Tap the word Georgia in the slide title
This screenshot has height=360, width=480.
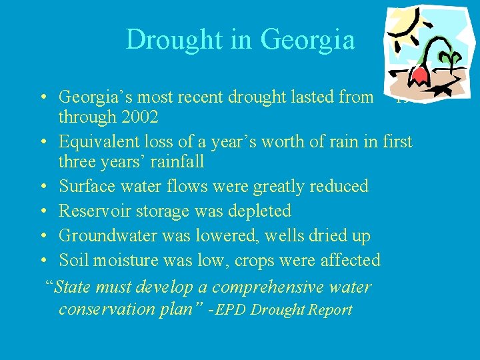pos(308,40)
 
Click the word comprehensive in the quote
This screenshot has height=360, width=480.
pos(272,287)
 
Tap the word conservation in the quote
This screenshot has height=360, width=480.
pos(109,310)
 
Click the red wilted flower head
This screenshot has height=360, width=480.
pos(419,74)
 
